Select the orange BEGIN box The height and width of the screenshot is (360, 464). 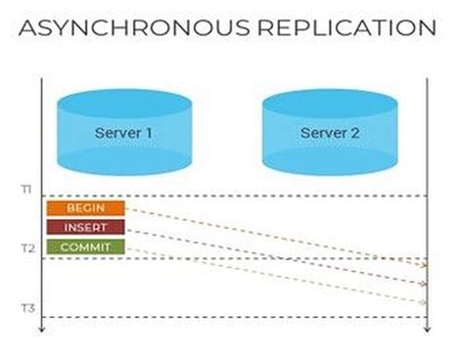click(85, 208)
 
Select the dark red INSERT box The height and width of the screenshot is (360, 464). click(85, 227)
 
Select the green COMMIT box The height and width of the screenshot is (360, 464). click(85, 247)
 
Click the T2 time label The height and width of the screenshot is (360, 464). click(28, 249)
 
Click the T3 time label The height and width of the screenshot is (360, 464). click(28, 309)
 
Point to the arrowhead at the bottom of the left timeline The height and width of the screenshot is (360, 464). click(41, 331)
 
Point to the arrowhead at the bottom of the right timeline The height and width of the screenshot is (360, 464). click(428, 331)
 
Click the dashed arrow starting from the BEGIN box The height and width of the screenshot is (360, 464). click(274, 236)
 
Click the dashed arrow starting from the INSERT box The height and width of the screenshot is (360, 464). click(274, 256)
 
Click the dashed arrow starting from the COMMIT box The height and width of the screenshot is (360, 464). click(274, 274)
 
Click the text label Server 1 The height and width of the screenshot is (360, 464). click(123, 131)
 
